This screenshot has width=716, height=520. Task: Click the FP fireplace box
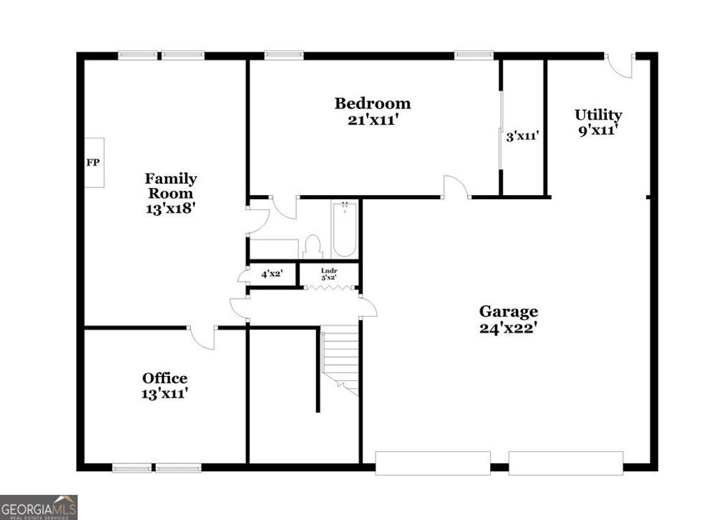tap(94, 163)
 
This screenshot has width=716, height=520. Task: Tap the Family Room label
tap(171, 186)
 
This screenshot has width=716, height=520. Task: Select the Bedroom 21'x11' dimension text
tap(373, 120)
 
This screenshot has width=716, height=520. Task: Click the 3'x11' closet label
tap(522, 136)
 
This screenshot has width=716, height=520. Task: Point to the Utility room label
tap(598, 115)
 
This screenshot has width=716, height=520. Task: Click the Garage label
tap(508, 312)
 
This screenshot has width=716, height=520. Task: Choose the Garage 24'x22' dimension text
tap(508, 327)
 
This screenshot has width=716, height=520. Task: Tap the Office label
tap(165, 378)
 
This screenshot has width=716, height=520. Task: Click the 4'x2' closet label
tap(271, 274)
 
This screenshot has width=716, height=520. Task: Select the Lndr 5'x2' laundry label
tap(329, 273)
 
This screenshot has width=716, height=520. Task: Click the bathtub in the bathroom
tap(345, 229)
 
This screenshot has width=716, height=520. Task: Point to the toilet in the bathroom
tap(313, 246)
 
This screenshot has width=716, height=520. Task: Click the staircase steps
tap(341, 360)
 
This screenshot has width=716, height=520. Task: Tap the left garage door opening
tap(433, 463)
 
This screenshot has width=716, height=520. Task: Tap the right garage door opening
tap(566, 463)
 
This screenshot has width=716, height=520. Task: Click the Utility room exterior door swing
tap(620, 65)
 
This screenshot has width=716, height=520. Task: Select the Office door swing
tap(203, 338)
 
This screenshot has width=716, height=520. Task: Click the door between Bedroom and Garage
tap(456, 187)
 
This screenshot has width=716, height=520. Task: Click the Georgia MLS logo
tap(38, 507)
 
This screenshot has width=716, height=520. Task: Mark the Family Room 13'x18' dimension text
tap(171, 208)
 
